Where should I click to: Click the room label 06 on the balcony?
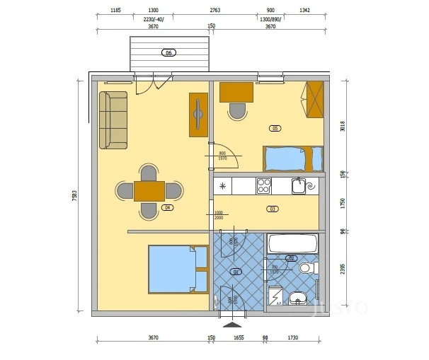coord(168,53)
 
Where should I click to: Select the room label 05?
coord(275,128)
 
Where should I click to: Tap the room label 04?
coord(168,208)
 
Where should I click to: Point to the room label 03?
coord(272,209)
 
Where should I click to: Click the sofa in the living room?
coord(113,120)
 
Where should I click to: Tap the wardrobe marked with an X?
coord(314,100)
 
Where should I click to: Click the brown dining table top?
coord(149,191)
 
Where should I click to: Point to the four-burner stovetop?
coord(263,186)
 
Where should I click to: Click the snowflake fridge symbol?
coord(224,187)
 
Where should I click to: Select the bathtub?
coord(292,244)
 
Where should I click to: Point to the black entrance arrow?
coord(231,325)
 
